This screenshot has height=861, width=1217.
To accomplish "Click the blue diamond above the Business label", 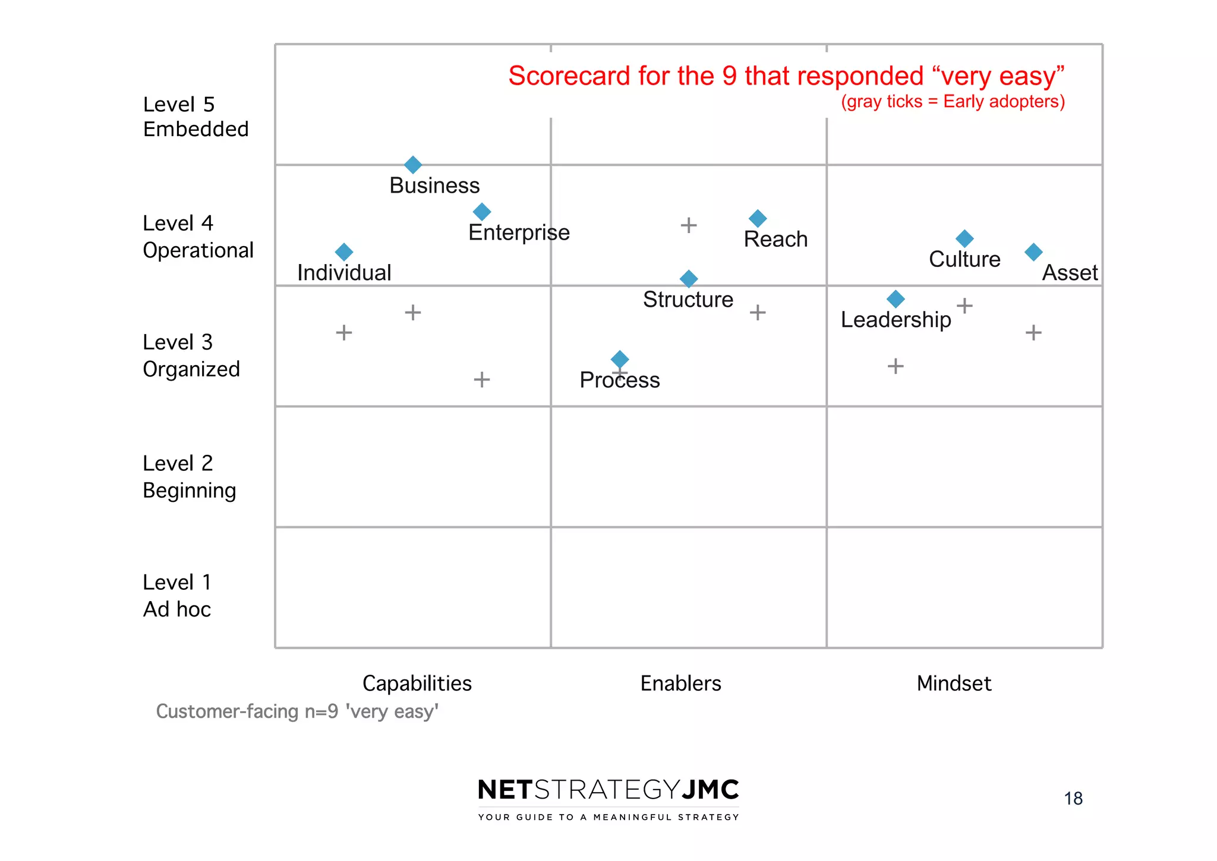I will coord(413,165).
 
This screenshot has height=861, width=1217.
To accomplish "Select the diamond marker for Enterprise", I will coord(482,212).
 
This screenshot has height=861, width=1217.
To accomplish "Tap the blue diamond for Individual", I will coord(344,252).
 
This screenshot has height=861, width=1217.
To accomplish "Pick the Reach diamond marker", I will coord(758,219).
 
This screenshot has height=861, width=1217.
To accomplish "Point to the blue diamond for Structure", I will coord(689,279).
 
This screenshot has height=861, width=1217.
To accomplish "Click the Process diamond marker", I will coord(620,359).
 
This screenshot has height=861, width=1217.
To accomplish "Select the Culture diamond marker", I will coord(964,239).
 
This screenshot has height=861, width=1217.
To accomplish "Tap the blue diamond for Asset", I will coord(1033,252).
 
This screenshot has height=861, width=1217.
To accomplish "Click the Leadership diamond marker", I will coord(896,299).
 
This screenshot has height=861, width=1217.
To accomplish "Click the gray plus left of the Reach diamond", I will coord(689,225).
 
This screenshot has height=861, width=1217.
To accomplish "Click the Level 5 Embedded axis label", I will coord(196,117).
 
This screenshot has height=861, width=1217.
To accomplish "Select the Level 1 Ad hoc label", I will coord(177,595).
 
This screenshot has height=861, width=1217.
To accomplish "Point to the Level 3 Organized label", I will coord(191,356).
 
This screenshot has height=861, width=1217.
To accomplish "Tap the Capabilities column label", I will coord(417,683).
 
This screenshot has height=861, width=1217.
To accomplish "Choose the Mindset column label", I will coord(954,683).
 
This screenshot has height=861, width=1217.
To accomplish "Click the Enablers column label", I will coord(680,683).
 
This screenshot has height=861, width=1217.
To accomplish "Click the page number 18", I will coord(1073,798).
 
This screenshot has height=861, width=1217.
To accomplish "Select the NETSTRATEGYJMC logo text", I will coord(608,790).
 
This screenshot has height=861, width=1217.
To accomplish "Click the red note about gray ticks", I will coord(953,102).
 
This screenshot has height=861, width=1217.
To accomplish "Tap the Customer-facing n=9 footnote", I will coord(297,711).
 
